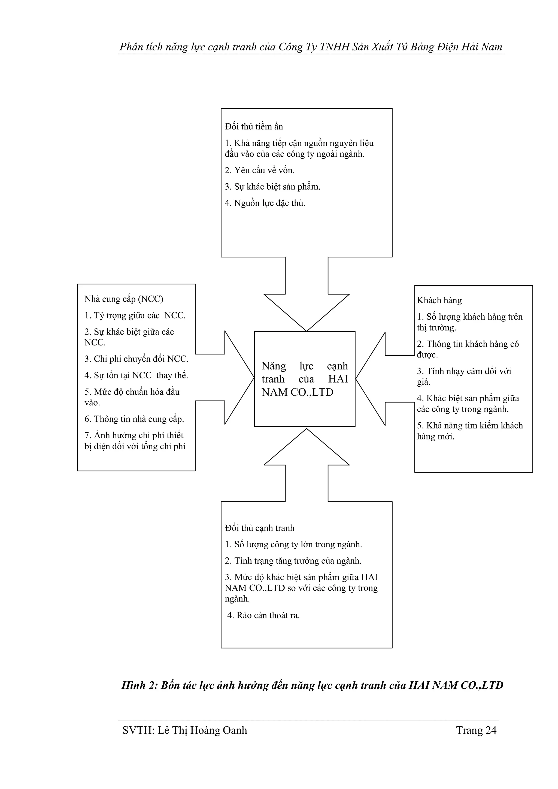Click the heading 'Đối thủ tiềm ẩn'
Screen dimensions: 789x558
tap(254, 126)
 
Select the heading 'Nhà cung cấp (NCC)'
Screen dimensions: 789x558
tap(124, 299)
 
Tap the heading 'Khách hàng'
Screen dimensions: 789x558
tap(439, 300)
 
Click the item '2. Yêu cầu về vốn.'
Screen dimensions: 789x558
tap(260, 170)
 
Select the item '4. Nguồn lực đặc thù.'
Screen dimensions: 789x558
tap(265, 203)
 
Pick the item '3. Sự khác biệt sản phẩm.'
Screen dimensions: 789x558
tap(272, 187)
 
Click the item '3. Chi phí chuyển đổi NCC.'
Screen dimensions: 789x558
tap(137, 359)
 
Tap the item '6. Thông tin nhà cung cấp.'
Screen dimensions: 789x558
tap(134, 419)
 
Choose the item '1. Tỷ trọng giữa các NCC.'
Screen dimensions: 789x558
tap(135, 315)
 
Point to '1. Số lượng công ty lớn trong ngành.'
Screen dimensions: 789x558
tap(293, 544)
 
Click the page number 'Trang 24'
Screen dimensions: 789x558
tap(476, 730)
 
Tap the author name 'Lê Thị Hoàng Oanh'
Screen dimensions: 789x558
tap(202, 730)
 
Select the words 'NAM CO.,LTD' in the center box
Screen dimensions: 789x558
tap(297, 392)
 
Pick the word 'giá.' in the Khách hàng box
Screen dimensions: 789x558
tap(424, 382)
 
